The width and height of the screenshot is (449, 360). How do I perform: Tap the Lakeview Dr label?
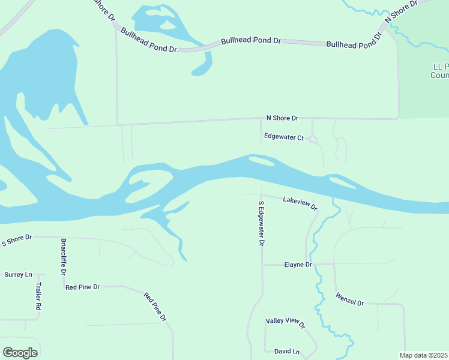point(300,203)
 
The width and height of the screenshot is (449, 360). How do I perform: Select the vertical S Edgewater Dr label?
point(261,223)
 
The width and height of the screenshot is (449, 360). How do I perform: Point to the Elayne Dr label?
point(298,265)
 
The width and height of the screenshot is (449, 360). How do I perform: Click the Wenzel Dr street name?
point(350,299)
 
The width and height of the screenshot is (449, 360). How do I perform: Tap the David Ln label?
point(286,351)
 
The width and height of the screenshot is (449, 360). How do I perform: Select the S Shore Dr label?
point(16,241)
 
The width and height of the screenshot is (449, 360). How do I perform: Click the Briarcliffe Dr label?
point(63,256)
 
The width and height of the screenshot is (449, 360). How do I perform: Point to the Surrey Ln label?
point(18,275)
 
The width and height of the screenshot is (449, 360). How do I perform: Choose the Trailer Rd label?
point(38,296)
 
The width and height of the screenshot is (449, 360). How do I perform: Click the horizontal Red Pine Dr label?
point(82,287)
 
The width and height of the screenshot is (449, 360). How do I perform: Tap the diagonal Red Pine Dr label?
point(154,307)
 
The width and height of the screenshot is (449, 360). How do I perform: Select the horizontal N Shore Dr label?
point(282,119)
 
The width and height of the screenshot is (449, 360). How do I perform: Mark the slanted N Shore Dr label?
point(400,11)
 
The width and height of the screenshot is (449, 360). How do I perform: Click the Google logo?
point(20,353)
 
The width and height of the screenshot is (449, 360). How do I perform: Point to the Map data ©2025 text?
point(424,355)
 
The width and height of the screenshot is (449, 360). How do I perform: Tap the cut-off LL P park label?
point(440,71)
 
